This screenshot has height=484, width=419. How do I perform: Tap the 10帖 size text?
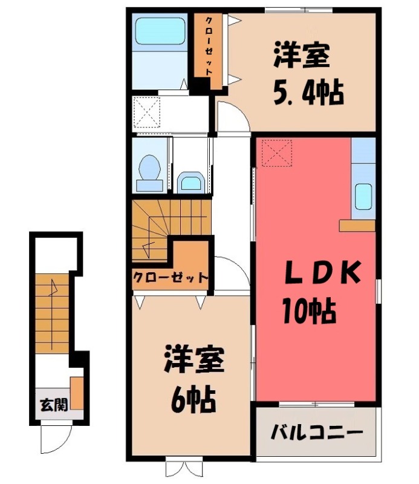[x=309, y=311]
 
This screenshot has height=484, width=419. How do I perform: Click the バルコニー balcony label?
[x=316, y=433]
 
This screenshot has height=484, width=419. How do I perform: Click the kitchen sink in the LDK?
[x=363, y=195]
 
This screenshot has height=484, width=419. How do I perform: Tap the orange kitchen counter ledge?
[x=357, y=225]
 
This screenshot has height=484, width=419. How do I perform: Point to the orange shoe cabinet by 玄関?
[x=77, y=394]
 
